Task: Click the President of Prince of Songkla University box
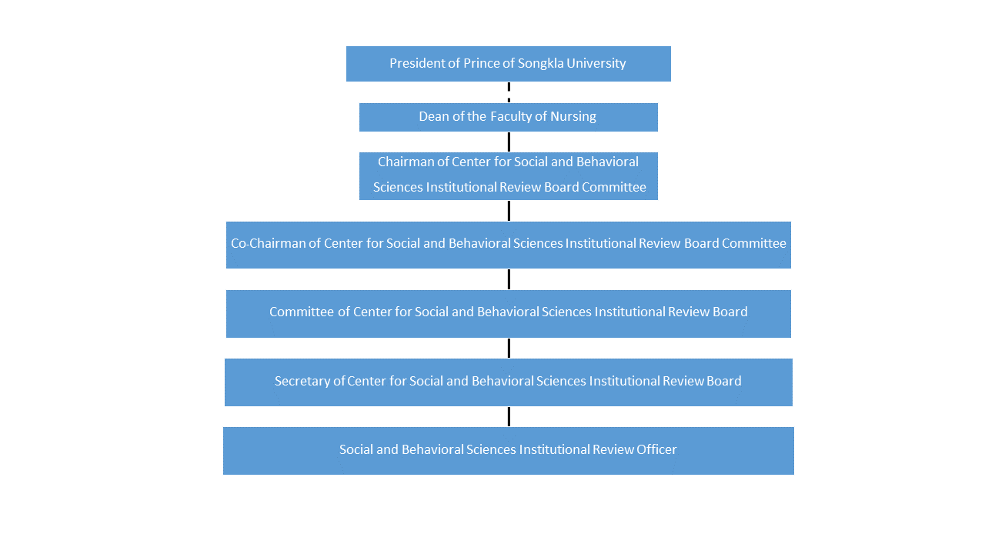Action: coord(509,64)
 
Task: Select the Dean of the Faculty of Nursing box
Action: coord(509,118)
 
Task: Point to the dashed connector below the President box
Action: coord(509,92)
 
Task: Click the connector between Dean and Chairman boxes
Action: coord(509,142)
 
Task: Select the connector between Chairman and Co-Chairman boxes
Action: coord(509,211)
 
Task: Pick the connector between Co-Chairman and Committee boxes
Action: coord(509,279)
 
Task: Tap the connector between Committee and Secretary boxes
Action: coord(509,349)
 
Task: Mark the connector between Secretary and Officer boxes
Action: coord(509,417)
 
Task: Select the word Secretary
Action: coord(302,381)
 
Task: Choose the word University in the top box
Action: coord(596,64)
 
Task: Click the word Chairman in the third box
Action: coord(406,162)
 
